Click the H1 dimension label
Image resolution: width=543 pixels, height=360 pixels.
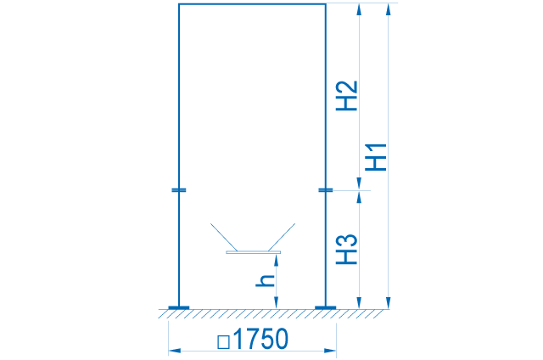[376, 157]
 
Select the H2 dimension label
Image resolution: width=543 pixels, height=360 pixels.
[347, 96]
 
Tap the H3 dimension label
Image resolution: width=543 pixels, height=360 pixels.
[347, 250]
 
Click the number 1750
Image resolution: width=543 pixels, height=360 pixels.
[260, 339]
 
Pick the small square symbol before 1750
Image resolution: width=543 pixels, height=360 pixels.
[223, 341]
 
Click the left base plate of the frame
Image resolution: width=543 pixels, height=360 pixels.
[179, 307]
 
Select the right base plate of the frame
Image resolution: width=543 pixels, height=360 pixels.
[325, 307]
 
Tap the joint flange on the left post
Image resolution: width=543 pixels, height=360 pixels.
[179, 190]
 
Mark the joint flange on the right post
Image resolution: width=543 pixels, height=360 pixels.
[325, 190]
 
